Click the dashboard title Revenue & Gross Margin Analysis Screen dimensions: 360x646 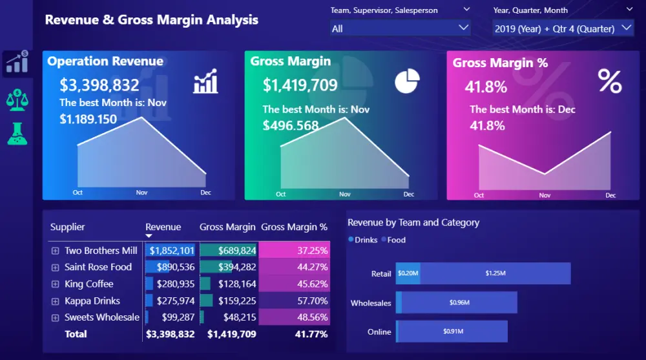pos(151,19)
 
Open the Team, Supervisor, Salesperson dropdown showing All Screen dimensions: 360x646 pos(400,28)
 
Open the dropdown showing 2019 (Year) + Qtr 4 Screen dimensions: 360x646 pos(563,28)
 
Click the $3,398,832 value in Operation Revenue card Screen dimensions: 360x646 pos(99,85)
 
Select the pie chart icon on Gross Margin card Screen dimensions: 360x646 pos(407,81)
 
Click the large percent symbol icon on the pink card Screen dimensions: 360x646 pos(609,82)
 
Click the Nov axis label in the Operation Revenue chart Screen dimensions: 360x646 pos(141,193)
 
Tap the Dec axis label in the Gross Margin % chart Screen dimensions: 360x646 pos(610,195)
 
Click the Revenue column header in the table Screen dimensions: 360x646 pos(163,227)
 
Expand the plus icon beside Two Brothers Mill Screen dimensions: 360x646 pos(55,251)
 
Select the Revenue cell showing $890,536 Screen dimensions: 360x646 pos(171,267)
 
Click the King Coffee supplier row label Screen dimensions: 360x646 pos(89,284)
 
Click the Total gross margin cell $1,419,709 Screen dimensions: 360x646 pos(231,334)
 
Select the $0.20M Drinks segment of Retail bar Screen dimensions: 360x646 pos(408,273)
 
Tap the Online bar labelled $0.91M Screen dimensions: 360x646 pos(452,332)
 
